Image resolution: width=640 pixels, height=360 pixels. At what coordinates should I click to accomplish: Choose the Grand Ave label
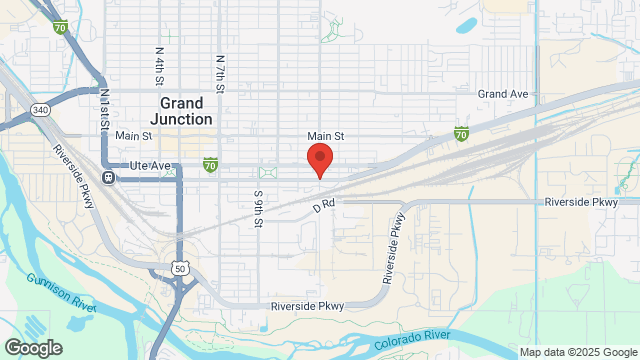502,93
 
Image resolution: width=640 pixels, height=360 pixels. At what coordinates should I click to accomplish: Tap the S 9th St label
257,209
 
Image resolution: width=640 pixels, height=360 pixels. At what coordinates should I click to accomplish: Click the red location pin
319,159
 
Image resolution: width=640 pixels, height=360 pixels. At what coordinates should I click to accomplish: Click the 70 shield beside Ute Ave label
210,162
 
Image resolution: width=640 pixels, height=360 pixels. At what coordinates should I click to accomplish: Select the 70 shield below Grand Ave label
461,133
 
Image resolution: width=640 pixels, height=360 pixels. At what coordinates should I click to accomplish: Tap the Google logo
32,347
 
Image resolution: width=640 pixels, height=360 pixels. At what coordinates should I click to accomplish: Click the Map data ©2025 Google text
578,352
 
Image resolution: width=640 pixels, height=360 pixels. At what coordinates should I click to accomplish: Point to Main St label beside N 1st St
133,136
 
